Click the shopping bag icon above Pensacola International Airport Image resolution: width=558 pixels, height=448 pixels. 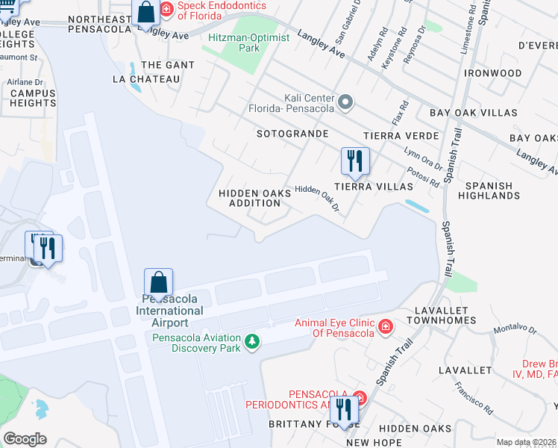[x=158, y=282]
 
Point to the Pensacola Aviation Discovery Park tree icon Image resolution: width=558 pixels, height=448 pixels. [x=253, y=341]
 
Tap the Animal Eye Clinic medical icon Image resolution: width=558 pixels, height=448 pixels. [x=385, y=327]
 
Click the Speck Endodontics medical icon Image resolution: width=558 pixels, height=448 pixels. [x=166, y=10]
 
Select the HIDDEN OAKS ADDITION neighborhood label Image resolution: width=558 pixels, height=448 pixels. [x=254, y=198]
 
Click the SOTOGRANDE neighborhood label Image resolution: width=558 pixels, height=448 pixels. [x=292, y=134]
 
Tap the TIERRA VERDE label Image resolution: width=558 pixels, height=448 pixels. [x=392, y=136]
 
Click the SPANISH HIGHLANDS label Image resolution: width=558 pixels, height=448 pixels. [x=489, y=190]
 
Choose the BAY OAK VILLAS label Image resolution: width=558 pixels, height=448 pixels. [x=473, y=113]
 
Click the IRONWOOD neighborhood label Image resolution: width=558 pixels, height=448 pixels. [x=492, y=73]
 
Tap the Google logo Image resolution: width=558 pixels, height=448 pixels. [x=25, y=439]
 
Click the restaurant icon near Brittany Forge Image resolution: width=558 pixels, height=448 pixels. [x=343, y=408]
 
